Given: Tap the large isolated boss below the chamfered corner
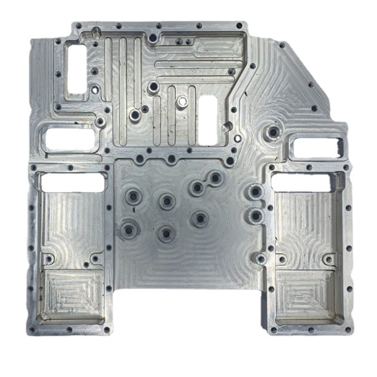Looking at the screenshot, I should pos(273,132).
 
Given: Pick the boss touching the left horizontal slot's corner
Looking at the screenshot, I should pos(100,122).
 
